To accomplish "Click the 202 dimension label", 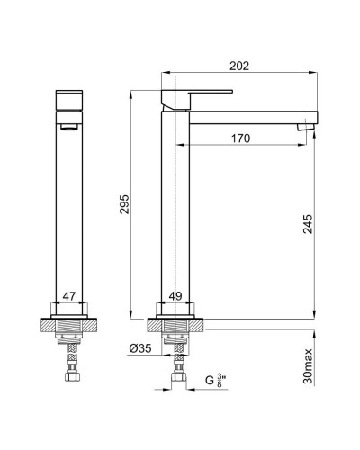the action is point(239,66).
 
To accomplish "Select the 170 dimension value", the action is point(240,139).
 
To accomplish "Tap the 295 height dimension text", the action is point(124,204).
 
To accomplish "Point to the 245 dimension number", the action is point(308,224).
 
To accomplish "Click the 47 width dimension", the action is point(69,296).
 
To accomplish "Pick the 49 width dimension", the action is point(175,296).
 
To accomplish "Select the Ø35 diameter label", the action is point(140,348).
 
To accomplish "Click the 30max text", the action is point(308,366).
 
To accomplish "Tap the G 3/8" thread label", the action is point(215,380).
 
